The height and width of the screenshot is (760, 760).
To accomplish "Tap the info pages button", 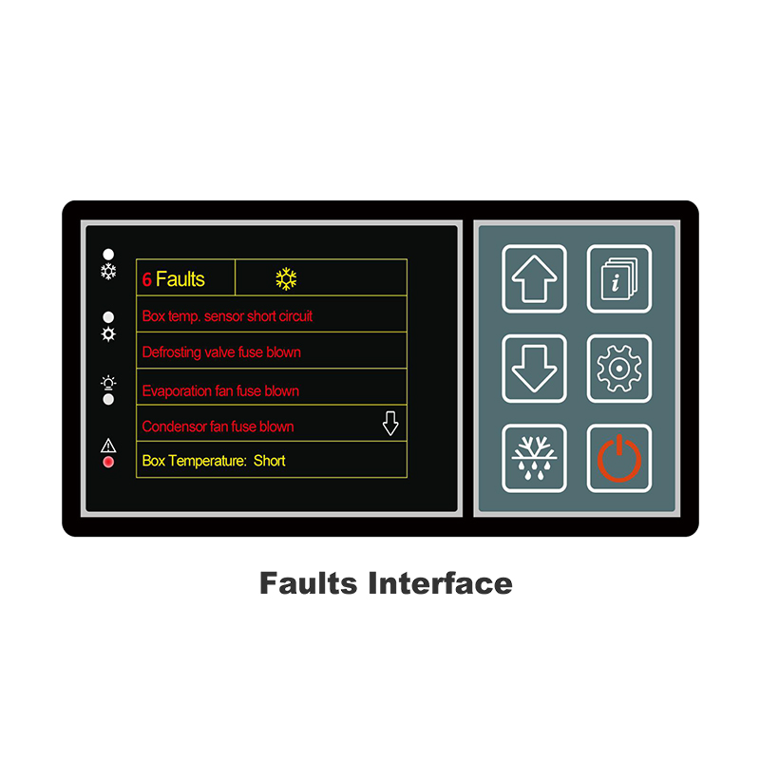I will [x=618, y=278].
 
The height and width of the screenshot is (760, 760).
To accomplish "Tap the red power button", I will [x=618, y=458].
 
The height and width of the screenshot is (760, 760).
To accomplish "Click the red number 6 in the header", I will [x=147, y=279].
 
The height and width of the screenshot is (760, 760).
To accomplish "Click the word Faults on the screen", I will [x=180, y=279].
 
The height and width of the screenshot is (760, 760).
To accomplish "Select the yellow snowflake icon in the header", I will [x=286, y=278].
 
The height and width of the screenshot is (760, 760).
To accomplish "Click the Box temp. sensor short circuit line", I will [x=227, y=315].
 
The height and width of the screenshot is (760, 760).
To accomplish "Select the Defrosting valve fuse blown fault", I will [x=221, y=352].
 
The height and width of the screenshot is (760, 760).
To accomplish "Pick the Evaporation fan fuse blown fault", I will [x=220, y=390].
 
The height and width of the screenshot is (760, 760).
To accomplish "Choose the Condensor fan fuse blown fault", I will [x=218, y=427].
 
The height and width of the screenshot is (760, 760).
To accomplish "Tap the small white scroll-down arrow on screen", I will [x=390, y=425].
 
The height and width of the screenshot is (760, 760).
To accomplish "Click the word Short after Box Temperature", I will [x=269, y=461].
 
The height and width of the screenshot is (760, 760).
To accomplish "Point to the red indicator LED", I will [x=108, y=462].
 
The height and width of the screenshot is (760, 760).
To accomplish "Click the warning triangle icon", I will [x=108, y=445].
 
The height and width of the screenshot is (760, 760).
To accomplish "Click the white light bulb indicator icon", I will [x=108, y=383].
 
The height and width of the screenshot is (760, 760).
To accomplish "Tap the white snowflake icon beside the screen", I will [x=108, y=272].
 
